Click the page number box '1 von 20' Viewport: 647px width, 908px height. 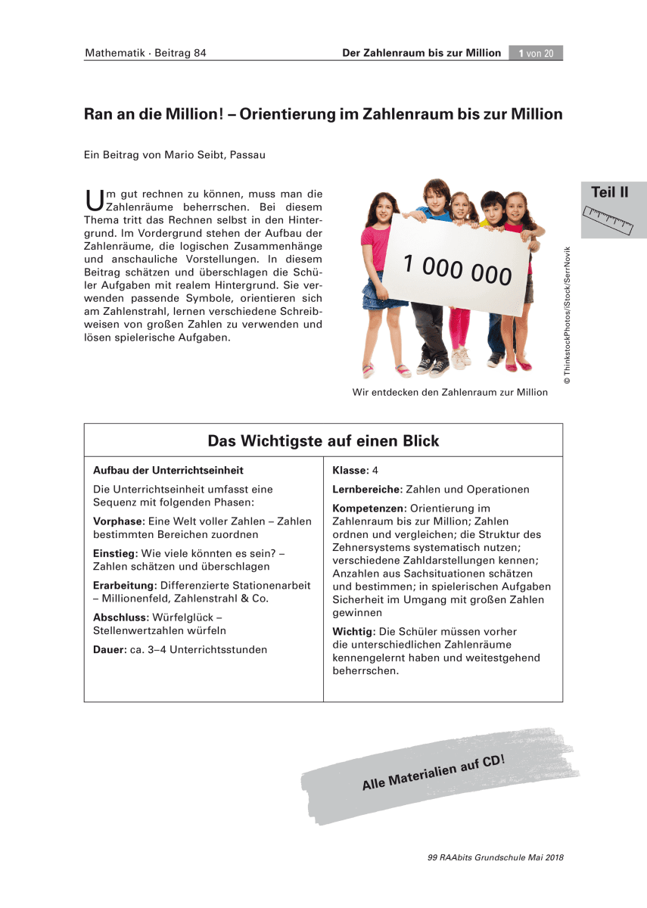tap(536, 53)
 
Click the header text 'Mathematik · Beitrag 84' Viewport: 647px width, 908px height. tap(145, 53)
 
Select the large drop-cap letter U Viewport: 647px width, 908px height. tap(95, 200)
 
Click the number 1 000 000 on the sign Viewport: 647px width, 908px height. tap(457, 269)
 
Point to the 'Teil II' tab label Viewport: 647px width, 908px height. tap(609, 192)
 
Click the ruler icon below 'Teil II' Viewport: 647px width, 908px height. tap(609, 217)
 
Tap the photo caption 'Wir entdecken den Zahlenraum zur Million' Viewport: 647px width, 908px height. tap(449, 393)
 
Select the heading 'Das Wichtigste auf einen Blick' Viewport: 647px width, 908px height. tap(323, 440)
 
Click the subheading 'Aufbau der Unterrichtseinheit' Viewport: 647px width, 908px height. tap(168, 471)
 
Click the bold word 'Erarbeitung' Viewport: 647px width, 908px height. tap(123, 586)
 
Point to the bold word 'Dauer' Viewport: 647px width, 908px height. tap(108, 649)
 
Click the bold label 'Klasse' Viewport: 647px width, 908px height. tap(349, 471)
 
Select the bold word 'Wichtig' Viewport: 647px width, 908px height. tap(353, 632)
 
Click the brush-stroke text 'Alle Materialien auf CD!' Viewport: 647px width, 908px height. tap(433, 773)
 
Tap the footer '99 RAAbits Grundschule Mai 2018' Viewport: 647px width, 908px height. tap(496, 858)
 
